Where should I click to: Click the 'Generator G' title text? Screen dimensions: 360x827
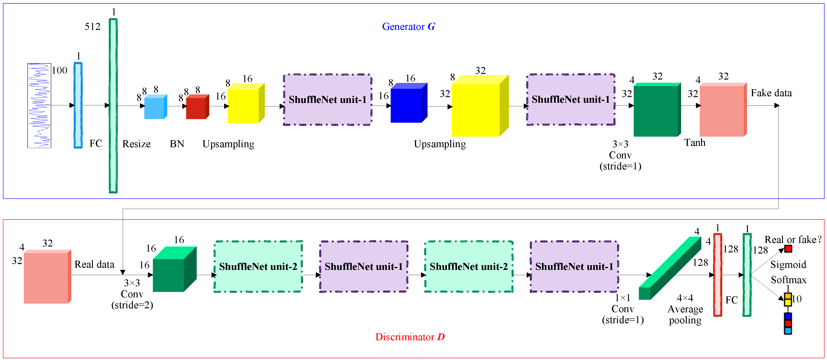pos(408,27)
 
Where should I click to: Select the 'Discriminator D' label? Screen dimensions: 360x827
pos(410,337)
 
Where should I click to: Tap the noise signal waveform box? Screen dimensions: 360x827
pos(39,106)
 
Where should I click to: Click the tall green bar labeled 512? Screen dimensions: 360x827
pos(113,106)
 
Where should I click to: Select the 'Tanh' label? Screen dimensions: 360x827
pos(694,142)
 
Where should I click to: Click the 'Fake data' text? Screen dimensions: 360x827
pos(771,93)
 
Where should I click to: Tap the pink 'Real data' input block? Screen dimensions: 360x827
pos(47,277)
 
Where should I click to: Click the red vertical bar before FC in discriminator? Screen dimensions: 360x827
pos(718,275)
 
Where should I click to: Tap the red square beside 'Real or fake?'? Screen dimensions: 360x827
pos(788,249)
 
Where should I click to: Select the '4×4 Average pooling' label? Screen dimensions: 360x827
pos(685,309)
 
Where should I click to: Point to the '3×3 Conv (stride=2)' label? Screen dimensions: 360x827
pos(132,294)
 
